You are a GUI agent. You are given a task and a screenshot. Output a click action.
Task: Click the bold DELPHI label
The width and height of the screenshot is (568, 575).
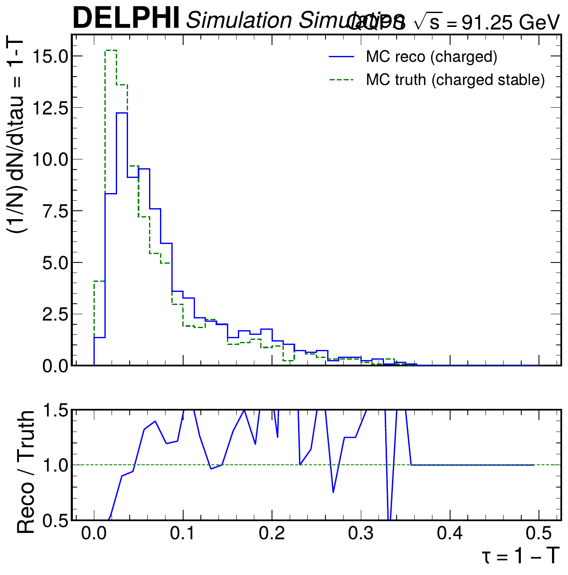pyautogui.click(x=126, y=18)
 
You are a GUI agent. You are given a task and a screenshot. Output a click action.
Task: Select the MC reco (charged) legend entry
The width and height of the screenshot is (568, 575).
pyautogui.click(x=432, y=56)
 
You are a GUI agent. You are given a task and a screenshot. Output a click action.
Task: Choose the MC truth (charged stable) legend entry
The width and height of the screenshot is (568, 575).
pyautogui.click(x=455, y=79)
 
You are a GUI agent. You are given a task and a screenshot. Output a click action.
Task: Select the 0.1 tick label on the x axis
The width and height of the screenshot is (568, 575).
pyautogui.click(x=183, y=534)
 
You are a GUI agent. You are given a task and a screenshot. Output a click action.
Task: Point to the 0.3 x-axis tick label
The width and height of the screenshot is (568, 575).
pyautogui.click(x=361, y=534)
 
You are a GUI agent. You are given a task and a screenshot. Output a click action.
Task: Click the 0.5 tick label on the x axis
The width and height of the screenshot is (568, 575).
pyautogui.click(x=539, y=534)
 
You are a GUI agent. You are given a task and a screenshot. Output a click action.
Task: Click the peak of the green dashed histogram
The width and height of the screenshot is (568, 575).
pyautogui.click(x=111, y=50)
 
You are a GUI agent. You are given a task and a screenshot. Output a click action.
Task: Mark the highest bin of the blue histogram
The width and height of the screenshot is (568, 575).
pyautogui.click(x=122, y=113)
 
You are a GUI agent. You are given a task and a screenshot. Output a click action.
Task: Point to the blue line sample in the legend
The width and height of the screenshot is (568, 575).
pyautogui.click(x=341, y=57)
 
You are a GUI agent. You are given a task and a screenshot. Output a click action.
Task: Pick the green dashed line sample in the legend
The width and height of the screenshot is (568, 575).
pyautogui.click(x=341, y=79)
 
